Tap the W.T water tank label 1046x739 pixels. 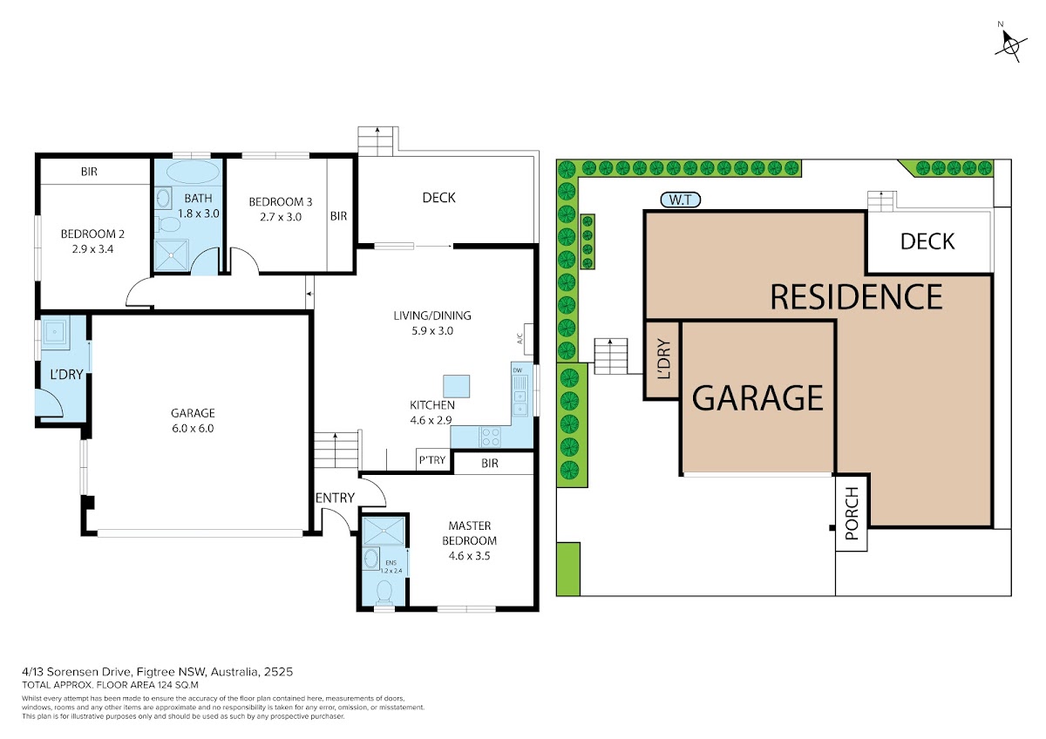[681, 200]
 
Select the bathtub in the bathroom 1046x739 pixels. [193, 173]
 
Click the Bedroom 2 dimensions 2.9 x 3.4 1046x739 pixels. [92, 249]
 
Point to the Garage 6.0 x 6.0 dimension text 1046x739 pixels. [193, 428]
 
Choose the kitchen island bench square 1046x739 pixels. [456, 386]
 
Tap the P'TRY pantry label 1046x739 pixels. [432, 460]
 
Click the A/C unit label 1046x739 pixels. [520, 338]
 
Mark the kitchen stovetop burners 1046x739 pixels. [490, 437]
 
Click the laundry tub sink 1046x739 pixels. [55, 332]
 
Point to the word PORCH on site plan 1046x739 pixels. [852, 513]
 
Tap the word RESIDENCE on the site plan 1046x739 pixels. [856, 297]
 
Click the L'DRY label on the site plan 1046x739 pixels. [663, 358]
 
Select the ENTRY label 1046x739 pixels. [335, 498]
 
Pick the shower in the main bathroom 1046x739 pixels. [172, 255]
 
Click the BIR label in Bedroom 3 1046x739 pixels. [338, 216]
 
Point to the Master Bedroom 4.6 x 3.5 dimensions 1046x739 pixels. [469, 556]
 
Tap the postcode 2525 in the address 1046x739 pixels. [278, 672]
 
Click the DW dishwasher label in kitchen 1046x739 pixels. [518, 370]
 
